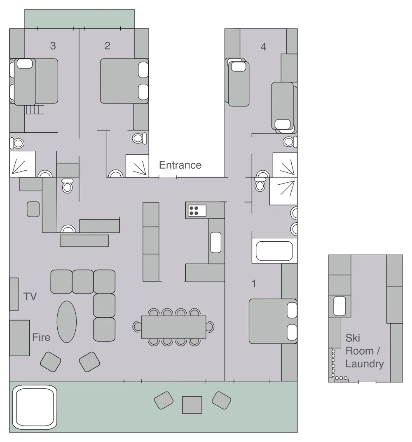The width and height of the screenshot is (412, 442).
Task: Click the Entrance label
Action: (180, 165)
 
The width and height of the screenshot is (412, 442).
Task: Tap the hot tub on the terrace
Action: (35, 407)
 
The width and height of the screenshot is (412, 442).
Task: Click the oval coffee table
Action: (66, 322)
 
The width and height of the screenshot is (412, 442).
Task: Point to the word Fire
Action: (41, 337)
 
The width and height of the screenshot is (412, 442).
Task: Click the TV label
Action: (30, 296)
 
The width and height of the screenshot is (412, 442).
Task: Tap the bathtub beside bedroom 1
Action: (274, 251)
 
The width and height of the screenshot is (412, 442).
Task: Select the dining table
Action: (173, 327)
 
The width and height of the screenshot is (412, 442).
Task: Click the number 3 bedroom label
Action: (53, 46)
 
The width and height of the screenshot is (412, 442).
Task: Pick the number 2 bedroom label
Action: (107, 46)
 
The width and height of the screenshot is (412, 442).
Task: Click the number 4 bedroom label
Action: (263, 47)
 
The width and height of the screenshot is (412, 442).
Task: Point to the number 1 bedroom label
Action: (254, 284)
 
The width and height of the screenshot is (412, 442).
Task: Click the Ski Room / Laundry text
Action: (364, 350)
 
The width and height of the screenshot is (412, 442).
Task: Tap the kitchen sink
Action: (215, 242)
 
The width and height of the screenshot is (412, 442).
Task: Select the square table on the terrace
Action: (192, 405)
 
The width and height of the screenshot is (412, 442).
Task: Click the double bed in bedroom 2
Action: (124, 81)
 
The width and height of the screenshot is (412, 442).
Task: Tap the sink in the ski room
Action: (339, 306)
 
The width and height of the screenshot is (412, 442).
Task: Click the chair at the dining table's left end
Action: (137, 327)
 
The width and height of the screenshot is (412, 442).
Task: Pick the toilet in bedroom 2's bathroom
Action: (139, 138)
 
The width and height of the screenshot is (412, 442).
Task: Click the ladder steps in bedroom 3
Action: (34, 109)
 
